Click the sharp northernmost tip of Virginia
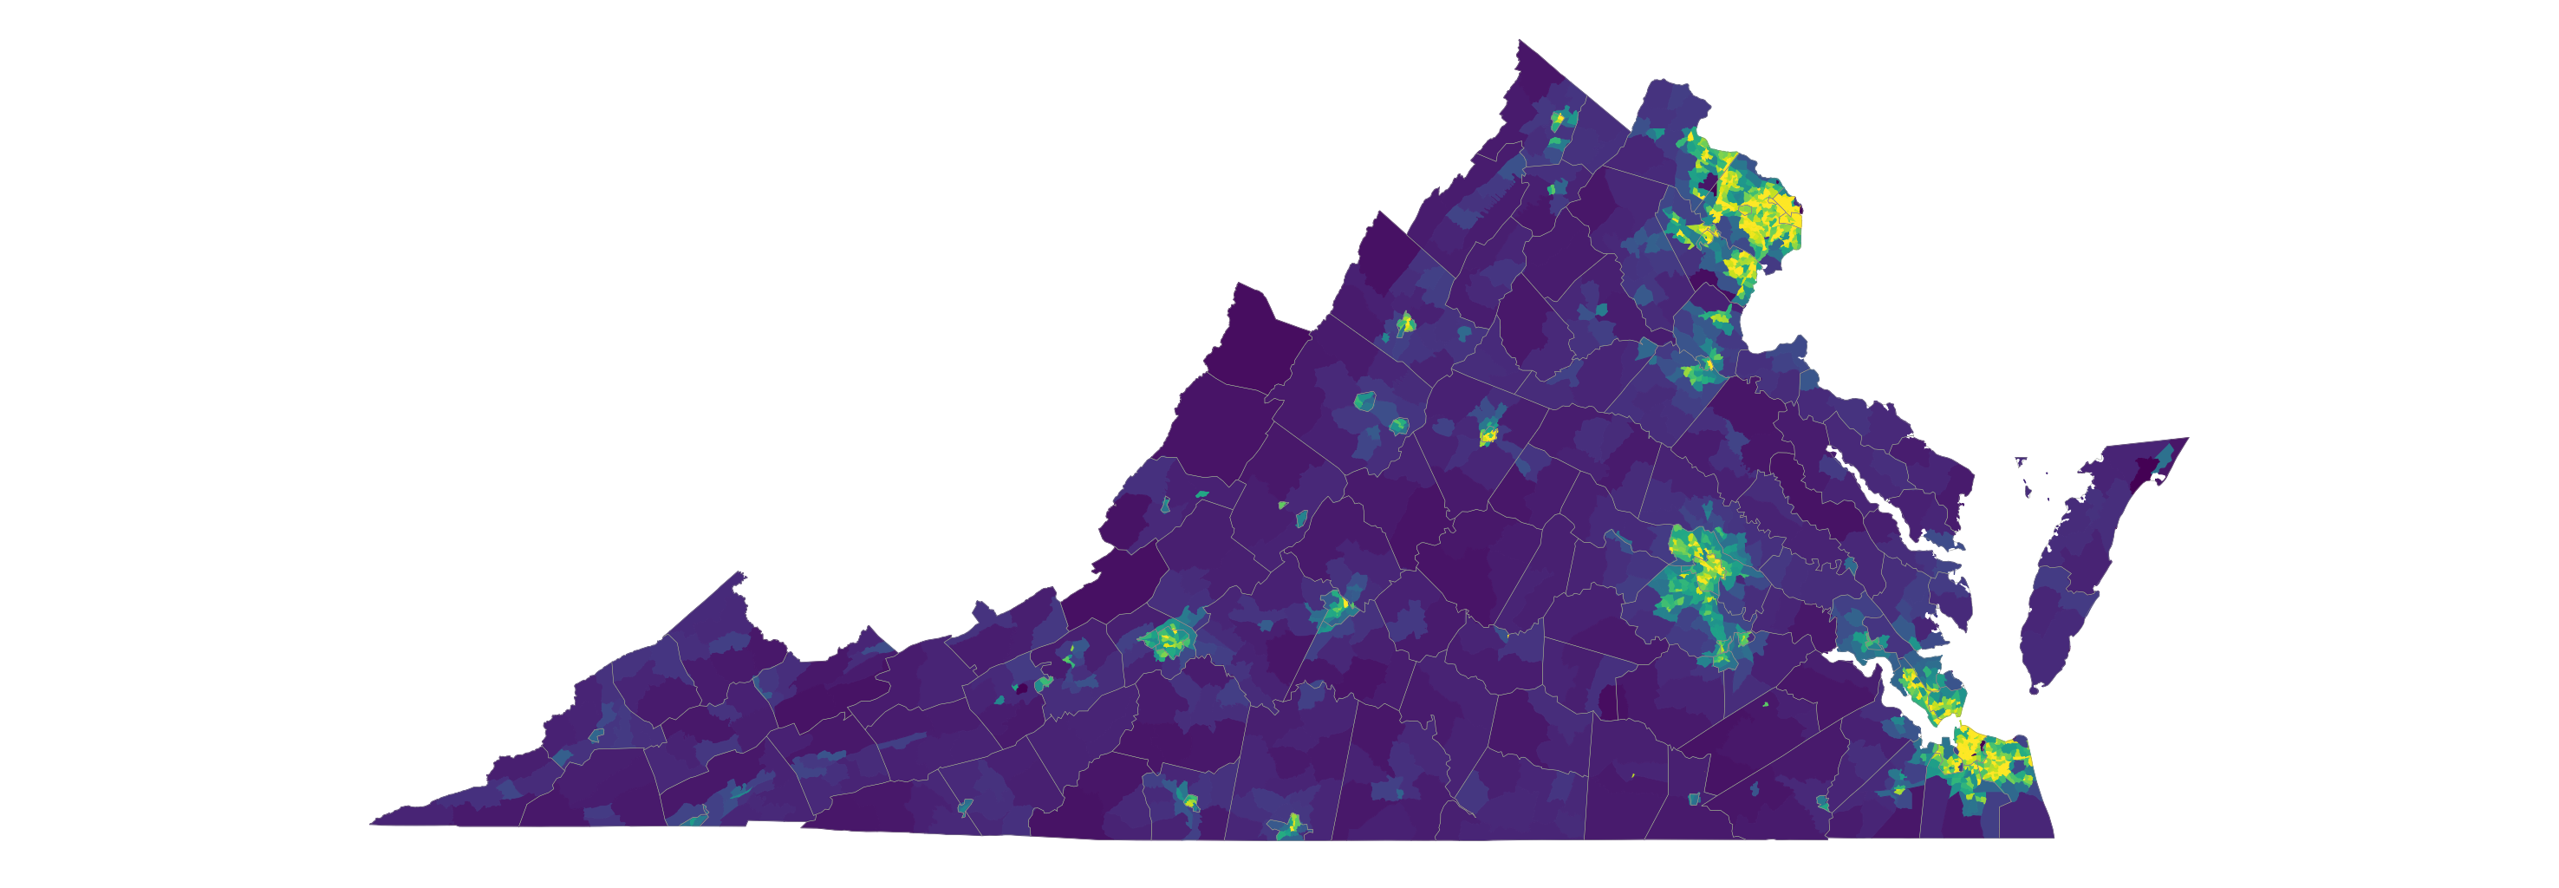[x=1520, y=42]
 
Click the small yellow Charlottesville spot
[x=1488, y=434]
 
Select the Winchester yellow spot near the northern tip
[x=1558, y=119]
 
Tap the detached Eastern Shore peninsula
[x=2067, y=586]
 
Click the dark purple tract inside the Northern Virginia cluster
[x=1710, y=184]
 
